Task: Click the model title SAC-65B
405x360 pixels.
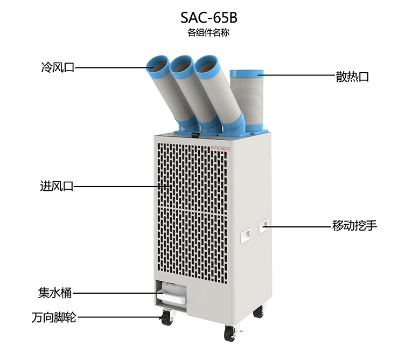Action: pos(208,18)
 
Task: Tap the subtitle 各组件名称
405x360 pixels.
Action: pos(208,33)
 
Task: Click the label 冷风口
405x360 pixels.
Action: pos(58,67)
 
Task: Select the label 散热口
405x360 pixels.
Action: pos(352,77)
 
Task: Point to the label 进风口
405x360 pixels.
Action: pos(57,186)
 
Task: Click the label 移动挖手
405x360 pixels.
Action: pos(354,225)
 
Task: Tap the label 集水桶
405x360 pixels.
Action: pos(55,293)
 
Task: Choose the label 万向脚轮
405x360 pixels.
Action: pos(54,317)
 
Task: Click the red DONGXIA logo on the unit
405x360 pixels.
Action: pos(220,148)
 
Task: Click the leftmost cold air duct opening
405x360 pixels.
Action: pos(157,64)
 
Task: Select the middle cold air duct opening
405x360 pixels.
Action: pos(181,65)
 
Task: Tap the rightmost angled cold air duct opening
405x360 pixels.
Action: pos(206,65)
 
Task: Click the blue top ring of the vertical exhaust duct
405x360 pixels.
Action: pos(247,74)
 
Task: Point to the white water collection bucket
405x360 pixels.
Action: pos(173,293)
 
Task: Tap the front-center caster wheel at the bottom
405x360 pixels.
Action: pos(230,333)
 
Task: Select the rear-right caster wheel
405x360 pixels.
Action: pos(259,310)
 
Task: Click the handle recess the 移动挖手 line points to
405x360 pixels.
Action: pos(263,227)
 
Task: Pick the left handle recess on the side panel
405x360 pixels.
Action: pos(246,236)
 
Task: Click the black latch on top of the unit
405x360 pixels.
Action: pos(195,135)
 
